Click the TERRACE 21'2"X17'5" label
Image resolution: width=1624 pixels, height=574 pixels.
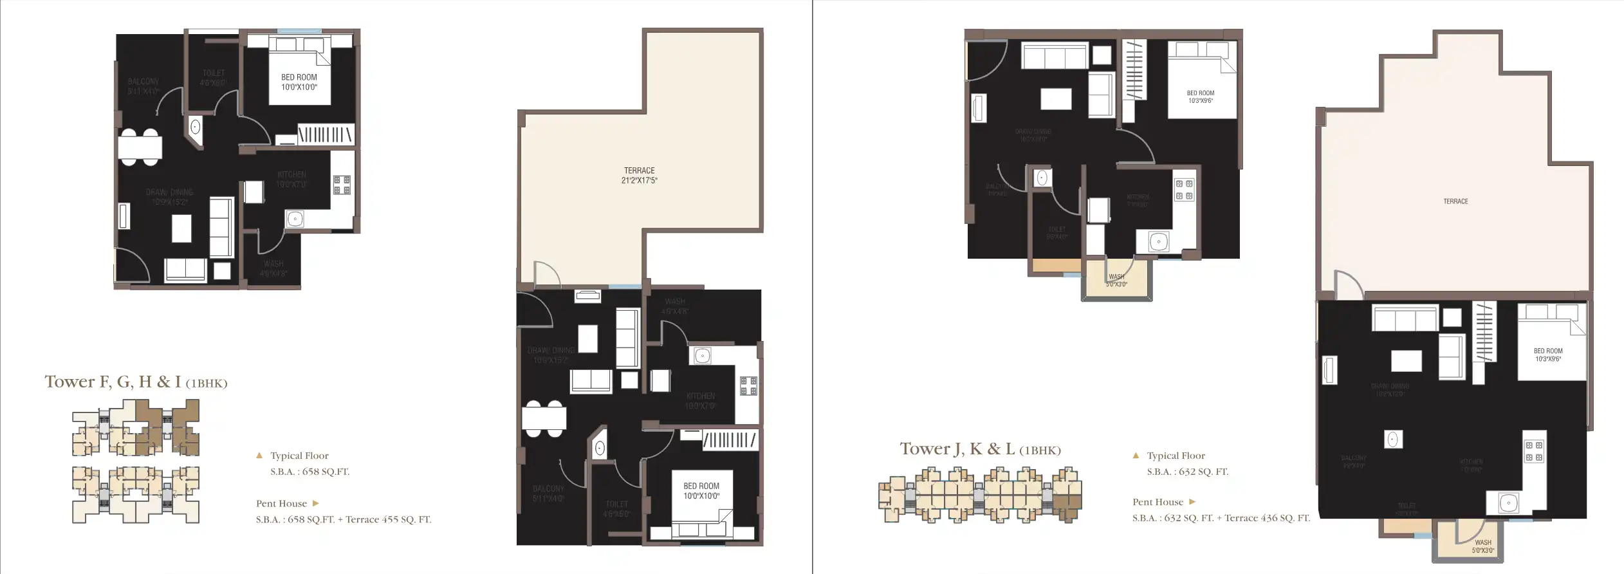pyautogui.click(x=639, y=176)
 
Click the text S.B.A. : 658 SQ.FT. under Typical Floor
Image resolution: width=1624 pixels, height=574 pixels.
pyautogui.click(x=309, y=472)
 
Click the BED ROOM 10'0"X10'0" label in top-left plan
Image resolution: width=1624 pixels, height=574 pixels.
pyautogui.click(x=299, y=82)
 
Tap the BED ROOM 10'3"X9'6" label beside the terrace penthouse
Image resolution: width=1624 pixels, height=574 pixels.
pyautogui.click(x=1547, y=355)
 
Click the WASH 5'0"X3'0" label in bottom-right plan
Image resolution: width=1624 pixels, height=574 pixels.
pyautogui.click(x=1482, y=546)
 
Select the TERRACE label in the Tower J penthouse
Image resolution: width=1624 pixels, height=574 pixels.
pyautogui.click(x=1455, y=201)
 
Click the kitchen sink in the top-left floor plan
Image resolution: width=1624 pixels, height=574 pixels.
pyautogui.click(x=295, y=219)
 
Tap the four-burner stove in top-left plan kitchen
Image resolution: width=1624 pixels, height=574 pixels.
pyautogui.click(x=342, y=185)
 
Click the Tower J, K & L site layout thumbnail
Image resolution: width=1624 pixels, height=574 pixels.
pyautogui.click(x=979, y=495)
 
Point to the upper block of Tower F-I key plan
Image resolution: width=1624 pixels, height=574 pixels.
pyautogui.click(x=136, y=428)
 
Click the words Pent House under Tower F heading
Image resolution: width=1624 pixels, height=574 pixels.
pyautogui.click(x=281, y=504)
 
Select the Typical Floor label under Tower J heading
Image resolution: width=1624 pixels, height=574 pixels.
pyautogui.click(x=1175, y=456)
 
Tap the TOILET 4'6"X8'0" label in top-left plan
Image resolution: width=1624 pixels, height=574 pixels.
pyautogui.click(x=213, y=78)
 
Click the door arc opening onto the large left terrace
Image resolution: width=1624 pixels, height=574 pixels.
pyautogui.click(x=548, y=273)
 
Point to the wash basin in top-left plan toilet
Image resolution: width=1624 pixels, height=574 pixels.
pyautogui.click(x=195, y=127)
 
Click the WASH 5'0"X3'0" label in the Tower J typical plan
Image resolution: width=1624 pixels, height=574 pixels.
pyautogui.click(x=1116, y=281)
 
